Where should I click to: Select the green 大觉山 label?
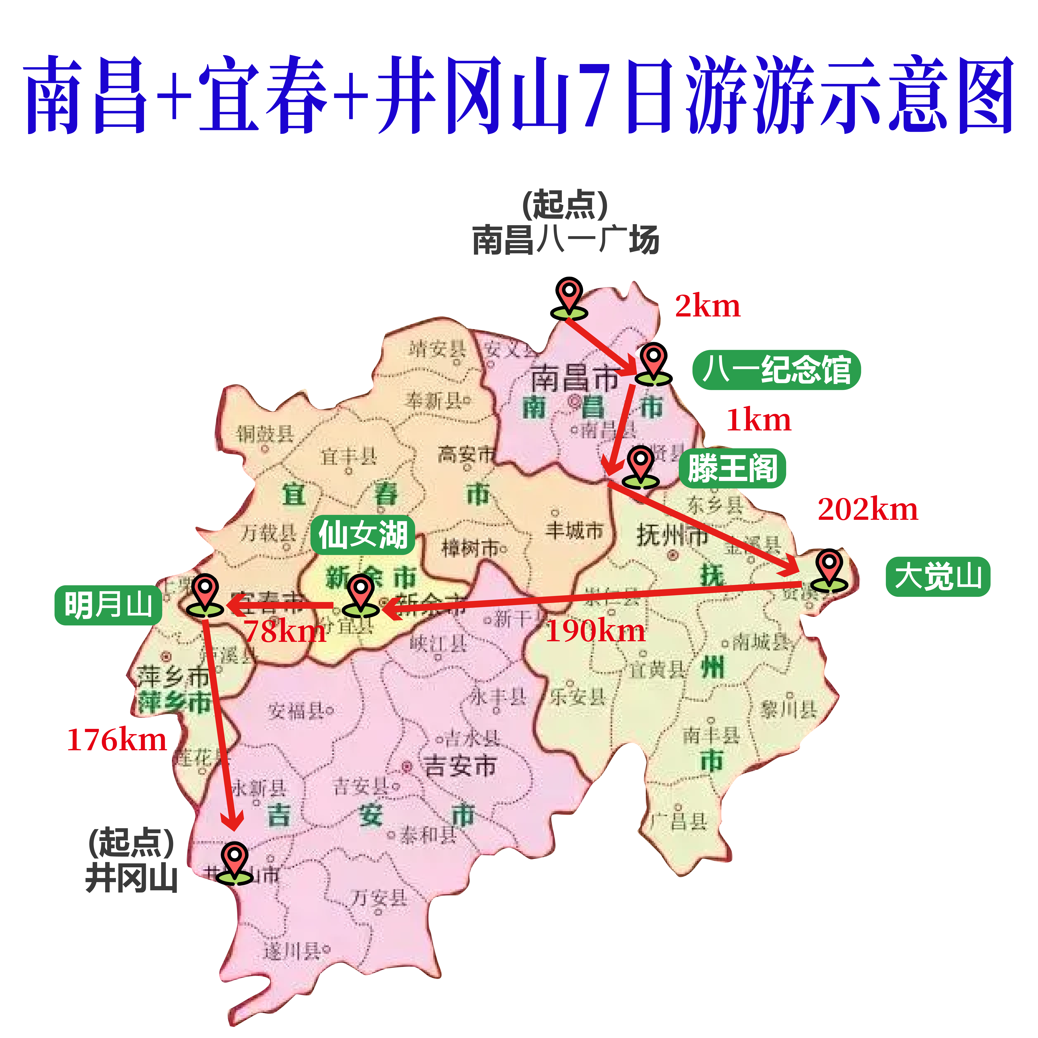[x=937, y=577]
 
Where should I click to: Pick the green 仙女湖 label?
[x=363, y=536]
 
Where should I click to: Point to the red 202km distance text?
[x=868, y=509]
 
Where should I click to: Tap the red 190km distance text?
[x=595, y=631]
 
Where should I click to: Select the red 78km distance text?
[x=285, y=631]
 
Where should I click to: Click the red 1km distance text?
[x=759, y=420]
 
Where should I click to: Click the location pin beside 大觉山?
[x=829, y=571]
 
